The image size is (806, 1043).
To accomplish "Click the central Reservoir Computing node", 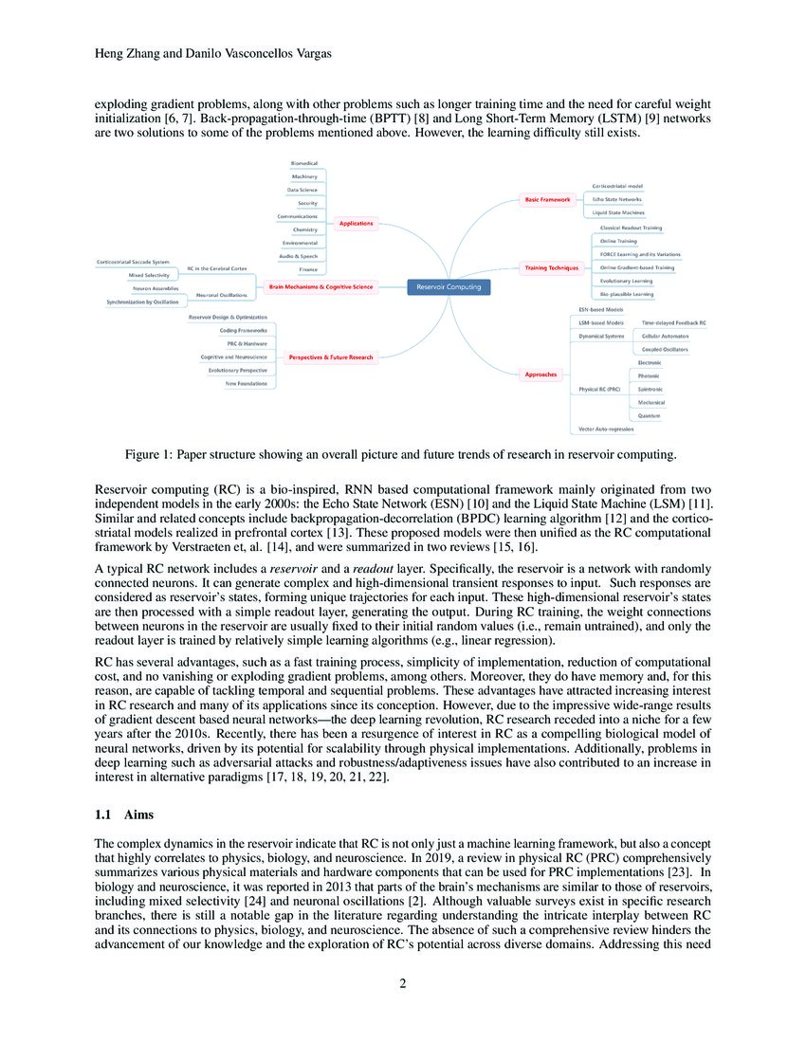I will tap(449, 286).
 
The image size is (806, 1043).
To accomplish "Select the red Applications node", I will tap(357, 224).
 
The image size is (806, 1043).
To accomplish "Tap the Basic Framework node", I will tap(548, 199).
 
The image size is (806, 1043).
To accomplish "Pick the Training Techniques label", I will tap(551, 268).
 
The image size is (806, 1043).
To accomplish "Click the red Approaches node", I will tap(540, 375).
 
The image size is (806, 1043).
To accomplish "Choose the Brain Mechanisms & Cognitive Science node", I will tap(321, 286).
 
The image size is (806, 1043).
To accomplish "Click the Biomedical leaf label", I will tap(303, 163).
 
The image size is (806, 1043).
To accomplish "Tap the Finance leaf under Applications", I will tap(307, 270).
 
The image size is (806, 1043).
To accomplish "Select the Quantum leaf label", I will tap(649, 416).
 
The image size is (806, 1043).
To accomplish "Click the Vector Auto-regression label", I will tap(607, 430).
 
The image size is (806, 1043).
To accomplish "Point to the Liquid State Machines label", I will tap(616, 212).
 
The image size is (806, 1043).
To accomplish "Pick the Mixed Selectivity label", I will tap(149, 274).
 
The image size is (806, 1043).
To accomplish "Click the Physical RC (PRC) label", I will tap(599, 390).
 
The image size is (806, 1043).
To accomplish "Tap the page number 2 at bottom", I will tap(403, 981).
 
